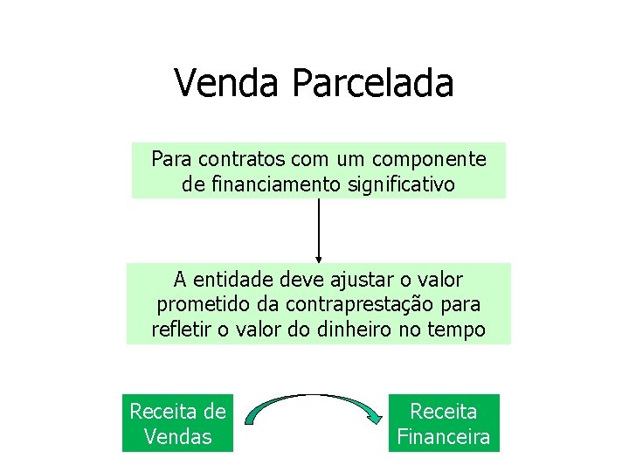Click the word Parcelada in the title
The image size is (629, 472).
tap(373, 84)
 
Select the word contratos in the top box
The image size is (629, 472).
tap(240, 160)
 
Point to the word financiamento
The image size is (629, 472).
tap(262, 184)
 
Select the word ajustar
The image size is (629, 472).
tap(345, 280)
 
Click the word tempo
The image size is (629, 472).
tap(460, 330)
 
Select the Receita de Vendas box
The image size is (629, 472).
tap(178, 423)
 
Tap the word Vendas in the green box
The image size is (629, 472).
tap(178, 436)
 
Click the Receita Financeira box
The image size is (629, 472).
tap(444, 423)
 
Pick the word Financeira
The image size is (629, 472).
tap(444, 436)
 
